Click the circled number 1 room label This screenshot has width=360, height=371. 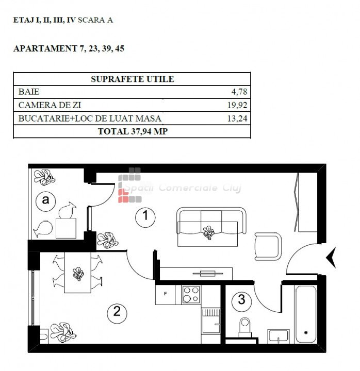145,217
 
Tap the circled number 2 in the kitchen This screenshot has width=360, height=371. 117,313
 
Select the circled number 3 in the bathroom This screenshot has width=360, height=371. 241,301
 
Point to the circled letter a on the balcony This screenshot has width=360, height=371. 45,201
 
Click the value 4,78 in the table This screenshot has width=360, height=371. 239,92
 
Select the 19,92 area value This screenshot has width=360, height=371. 237,105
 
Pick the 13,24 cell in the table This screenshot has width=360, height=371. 237,119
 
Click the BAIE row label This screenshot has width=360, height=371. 29,92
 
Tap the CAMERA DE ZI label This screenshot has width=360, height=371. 50,105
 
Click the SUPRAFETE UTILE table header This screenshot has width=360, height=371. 133,79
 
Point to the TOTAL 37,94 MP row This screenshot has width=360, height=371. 133,131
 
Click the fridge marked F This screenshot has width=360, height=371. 166,294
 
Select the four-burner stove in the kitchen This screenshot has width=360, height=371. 191,294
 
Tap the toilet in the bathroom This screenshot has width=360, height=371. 244,327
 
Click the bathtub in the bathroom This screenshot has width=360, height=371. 306,314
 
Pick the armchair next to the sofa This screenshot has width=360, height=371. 268,246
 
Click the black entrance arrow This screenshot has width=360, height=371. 331,258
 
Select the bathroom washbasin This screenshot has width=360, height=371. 279,336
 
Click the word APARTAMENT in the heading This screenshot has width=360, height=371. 45,48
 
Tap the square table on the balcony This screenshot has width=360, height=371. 66,228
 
